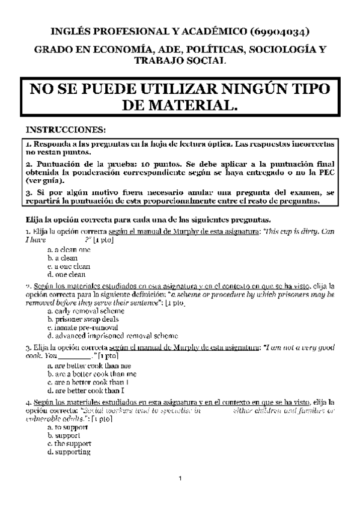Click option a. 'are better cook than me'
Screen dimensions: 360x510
coord(88,366)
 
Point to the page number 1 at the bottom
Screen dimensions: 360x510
coord(180,479)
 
